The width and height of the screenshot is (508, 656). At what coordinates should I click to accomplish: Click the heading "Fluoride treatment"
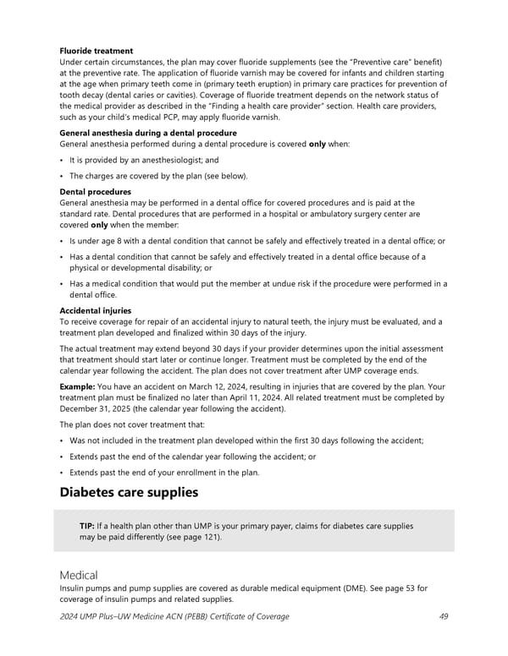(96, 51)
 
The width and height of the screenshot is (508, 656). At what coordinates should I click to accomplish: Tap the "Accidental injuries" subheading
(96, 310)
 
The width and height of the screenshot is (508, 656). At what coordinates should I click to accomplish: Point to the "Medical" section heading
(79, 574)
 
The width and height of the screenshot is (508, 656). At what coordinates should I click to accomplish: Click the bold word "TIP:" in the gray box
(86, 526)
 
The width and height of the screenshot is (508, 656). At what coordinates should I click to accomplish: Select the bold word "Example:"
(82, 386)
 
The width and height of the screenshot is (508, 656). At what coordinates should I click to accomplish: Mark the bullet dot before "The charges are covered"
(62, 176)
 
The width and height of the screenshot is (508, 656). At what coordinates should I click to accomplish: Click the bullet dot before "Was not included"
(62, 440)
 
